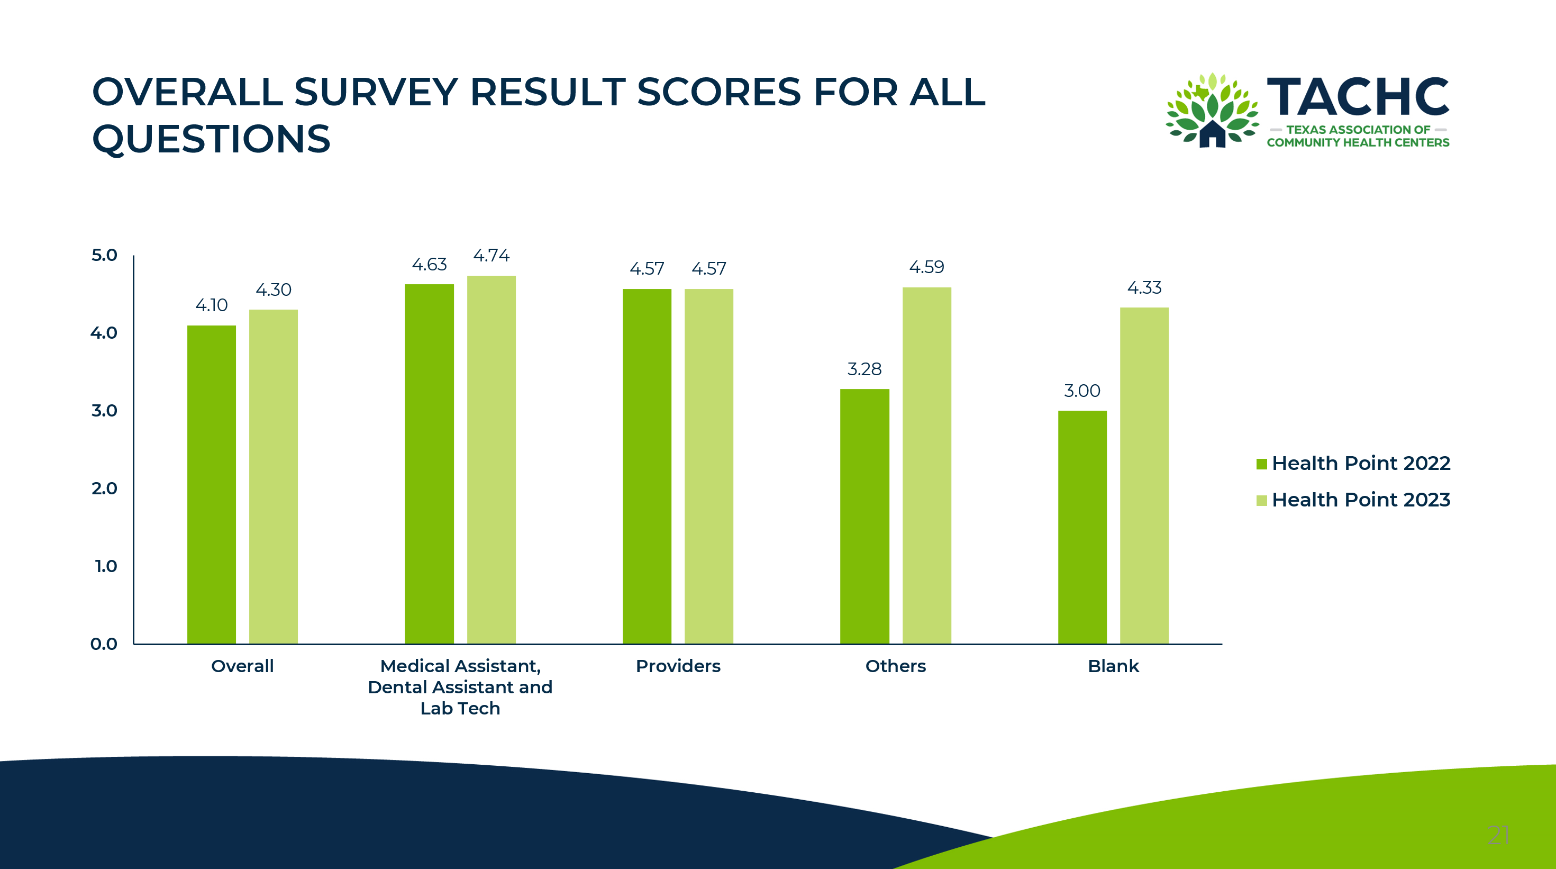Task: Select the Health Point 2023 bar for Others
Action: [926, 465]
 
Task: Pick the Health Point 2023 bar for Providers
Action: [708, 466]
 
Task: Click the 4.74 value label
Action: [491, 256]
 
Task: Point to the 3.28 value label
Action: [865, 369]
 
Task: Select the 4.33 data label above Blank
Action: [1144, 288]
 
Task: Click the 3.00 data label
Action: [1082, 391]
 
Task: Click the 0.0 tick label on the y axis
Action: [104, 644]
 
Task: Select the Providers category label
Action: [678, 666]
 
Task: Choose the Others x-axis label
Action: [895, 666]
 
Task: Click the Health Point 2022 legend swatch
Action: [1261, 464]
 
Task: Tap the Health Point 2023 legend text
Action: [1360, 500]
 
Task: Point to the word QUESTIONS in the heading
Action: [212, 139]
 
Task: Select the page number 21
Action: [1498, 835]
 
